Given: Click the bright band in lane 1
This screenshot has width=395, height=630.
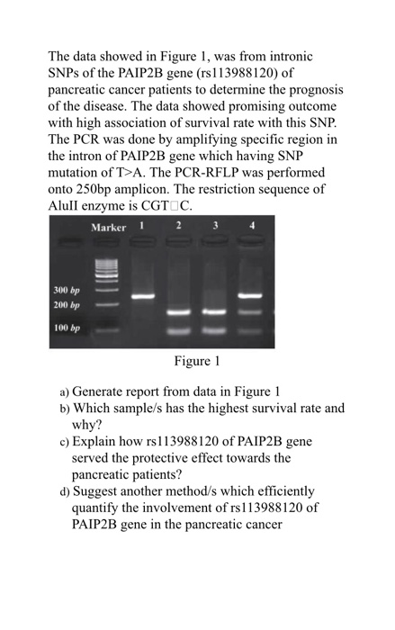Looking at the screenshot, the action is (142, 295).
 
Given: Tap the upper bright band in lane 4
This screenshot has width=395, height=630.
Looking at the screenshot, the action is (250, 294).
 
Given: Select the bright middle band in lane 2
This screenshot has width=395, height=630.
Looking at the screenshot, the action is (178, 311).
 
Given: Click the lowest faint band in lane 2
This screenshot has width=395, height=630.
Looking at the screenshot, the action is (178, 330).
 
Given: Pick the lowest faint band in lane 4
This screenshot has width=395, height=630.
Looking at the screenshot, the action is (250, 330).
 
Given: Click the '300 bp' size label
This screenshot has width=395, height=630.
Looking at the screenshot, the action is (66, 291).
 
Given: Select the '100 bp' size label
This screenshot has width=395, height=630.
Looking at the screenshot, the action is (66, 328).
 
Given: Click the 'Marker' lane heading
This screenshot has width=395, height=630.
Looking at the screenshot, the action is (109, 227).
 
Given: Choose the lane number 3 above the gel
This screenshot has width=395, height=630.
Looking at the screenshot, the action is (215, 225).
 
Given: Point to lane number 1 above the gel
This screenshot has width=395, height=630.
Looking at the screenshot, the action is (142, 225).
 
